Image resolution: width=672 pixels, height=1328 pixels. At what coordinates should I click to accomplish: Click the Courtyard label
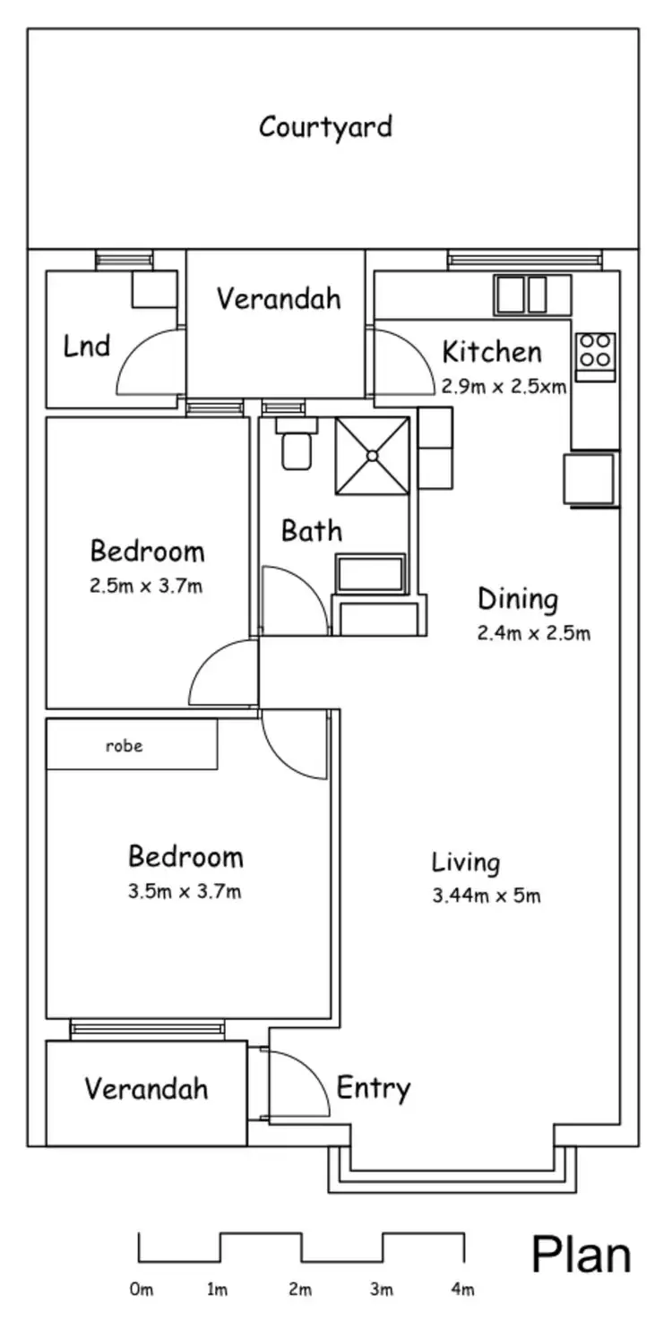tap(325, 126)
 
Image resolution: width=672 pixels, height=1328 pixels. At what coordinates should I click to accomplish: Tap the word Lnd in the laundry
tap(87, 346)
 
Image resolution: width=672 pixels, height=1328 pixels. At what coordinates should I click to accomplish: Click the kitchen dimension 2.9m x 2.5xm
tap(504, 388)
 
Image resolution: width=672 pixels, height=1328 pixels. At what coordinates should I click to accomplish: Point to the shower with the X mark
tap(372, 456)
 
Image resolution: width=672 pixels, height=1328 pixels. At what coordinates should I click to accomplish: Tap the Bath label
tap(311, 530)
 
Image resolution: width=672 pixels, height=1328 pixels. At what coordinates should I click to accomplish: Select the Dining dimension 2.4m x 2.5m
tap(533, 634)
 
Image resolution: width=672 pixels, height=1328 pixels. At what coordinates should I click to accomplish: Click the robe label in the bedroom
tap(125, 745)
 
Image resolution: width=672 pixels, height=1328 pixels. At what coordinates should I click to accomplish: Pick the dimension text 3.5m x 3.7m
tap(185, 891)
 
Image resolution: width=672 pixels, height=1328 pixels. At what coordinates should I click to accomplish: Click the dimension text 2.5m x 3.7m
tap(146, 586)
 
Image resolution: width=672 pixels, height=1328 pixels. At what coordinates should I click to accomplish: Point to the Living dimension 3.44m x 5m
tap(486, 895)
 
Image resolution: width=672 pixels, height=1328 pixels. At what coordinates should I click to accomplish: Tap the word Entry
tap(373, 1089)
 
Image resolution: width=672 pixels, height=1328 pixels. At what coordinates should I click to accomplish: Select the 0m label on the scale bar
tap(141, 1290)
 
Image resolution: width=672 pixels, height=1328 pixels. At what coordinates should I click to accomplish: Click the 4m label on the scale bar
tap(462, 1290)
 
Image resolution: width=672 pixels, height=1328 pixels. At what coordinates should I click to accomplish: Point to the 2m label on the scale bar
tap(300, 1290)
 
